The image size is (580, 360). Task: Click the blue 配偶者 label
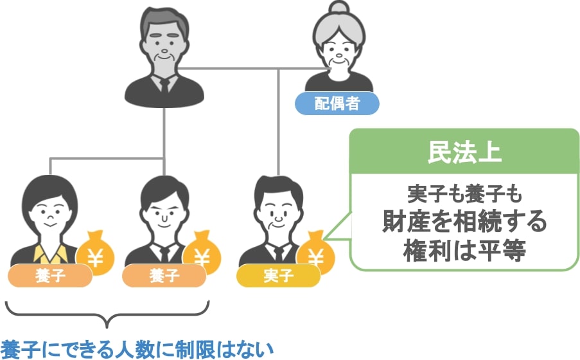coord(337,104)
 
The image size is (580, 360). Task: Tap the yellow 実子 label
coord(278,276)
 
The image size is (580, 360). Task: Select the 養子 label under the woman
coord(50,276)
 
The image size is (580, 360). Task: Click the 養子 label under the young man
coord(164,276)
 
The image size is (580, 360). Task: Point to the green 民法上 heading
coord(464,152)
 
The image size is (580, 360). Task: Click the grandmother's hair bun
coord(339,8)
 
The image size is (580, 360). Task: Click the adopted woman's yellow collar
coord(51,254)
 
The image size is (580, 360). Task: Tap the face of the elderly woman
coord(338,52)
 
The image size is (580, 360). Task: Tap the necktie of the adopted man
coord(164,253)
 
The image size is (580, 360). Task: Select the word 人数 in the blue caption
coord(134,349)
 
